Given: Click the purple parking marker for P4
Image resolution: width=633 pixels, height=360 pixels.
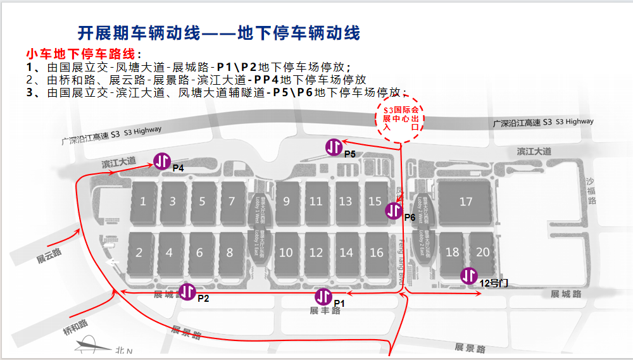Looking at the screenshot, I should (161, 161).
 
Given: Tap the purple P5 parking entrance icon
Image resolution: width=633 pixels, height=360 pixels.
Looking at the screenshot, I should (334, 147).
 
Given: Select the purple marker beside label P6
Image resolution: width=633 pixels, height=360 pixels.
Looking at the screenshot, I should (394, 211).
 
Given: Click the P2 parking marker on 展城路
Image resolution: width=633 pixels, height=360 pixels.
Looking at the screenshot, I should (187, 292).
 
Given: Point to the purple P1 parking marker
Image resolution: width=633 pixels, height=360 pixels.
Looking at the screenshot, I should (323, 296).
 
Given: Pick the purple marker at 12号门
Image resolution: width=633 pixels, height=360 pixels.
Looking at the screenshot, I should (469, 276).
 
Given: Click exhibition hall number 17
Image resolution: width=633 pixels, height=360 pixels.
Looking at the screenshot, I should (466, 202).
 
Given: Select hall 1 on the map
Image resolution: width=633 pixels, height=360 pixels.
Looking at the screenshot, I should (144, 202).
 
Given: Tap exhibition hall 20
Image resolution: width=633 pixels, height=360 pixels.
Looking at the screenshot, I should (482, 252).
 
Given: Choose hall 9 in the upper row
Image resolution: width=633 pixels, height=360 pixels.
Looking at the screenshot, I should (287, 202).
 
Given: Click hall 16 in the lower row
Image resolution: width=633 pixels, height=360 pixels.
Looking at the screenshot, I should (377, 252).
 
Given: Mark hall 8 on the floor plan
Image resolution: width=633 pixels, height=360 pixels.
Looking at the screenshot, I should (230, 252).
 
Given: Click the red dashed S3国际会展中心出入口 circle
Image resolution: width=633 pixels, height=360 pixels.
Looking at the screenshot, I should (402, 118).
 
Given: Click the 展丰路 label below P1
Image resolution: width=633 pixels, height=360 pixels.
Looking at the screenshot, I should (322, 311).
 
